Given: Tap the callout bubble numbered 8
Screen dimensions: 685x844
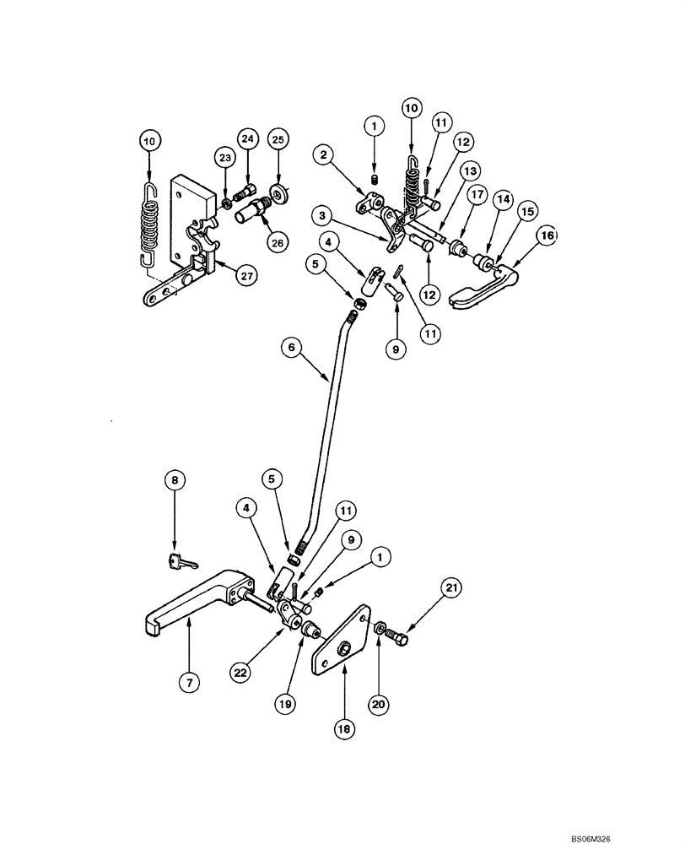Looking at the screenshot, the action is pyautogui.click(x=175, y=481).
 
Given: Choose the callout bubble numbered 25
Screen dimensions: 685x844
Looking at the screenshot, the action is pyautogui.click(x=278, y=138).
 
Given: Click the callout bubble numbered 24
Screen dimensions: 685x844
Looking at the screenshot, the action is pyautogui.click(x=245, y=138).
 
